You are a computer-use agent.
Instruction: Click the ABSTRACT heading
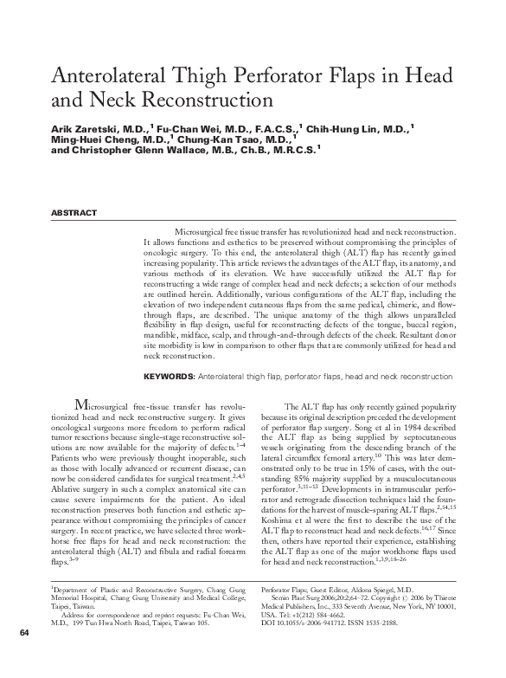[x=74, y=213]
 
